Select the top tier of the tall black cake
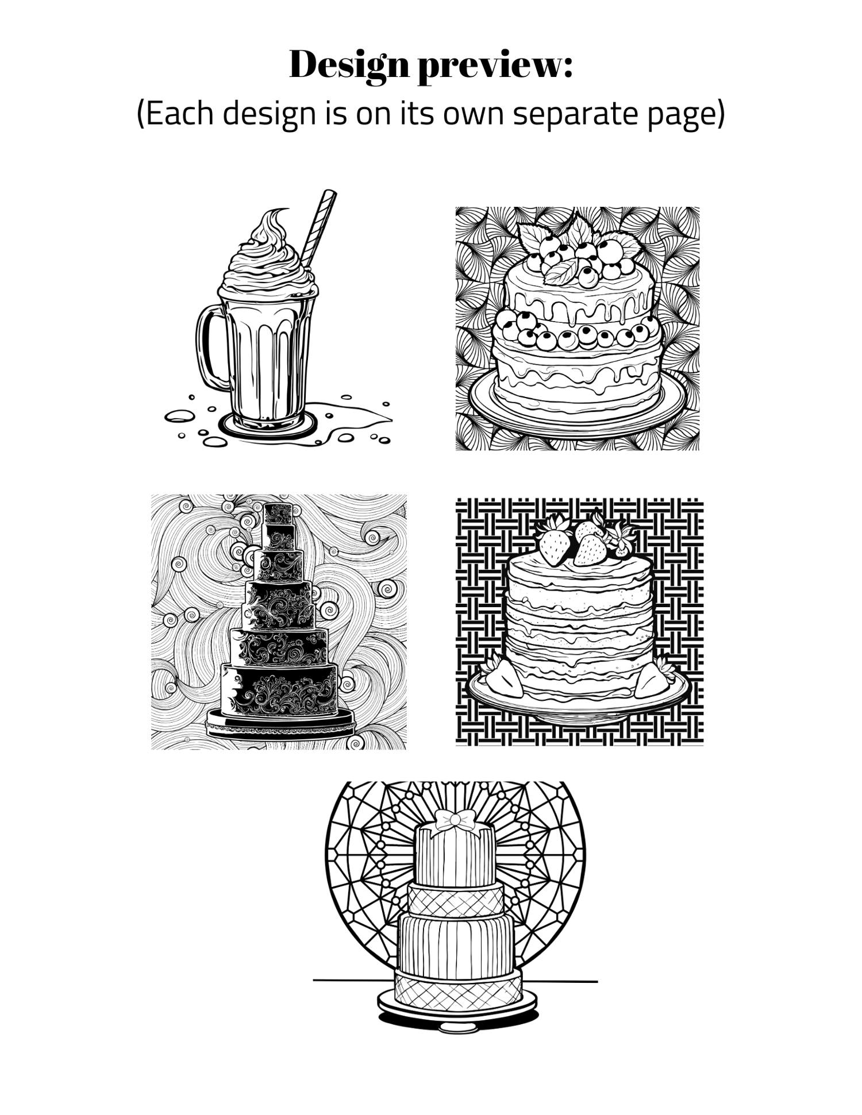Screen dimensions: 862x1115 [278, 512]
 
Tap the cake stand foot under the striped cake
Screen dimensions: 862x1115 [458, 1027]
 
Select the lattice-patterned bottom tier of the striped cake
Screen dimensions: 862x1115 [458, 986]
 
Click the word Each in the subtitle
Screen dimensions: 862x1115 [178, 114]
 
